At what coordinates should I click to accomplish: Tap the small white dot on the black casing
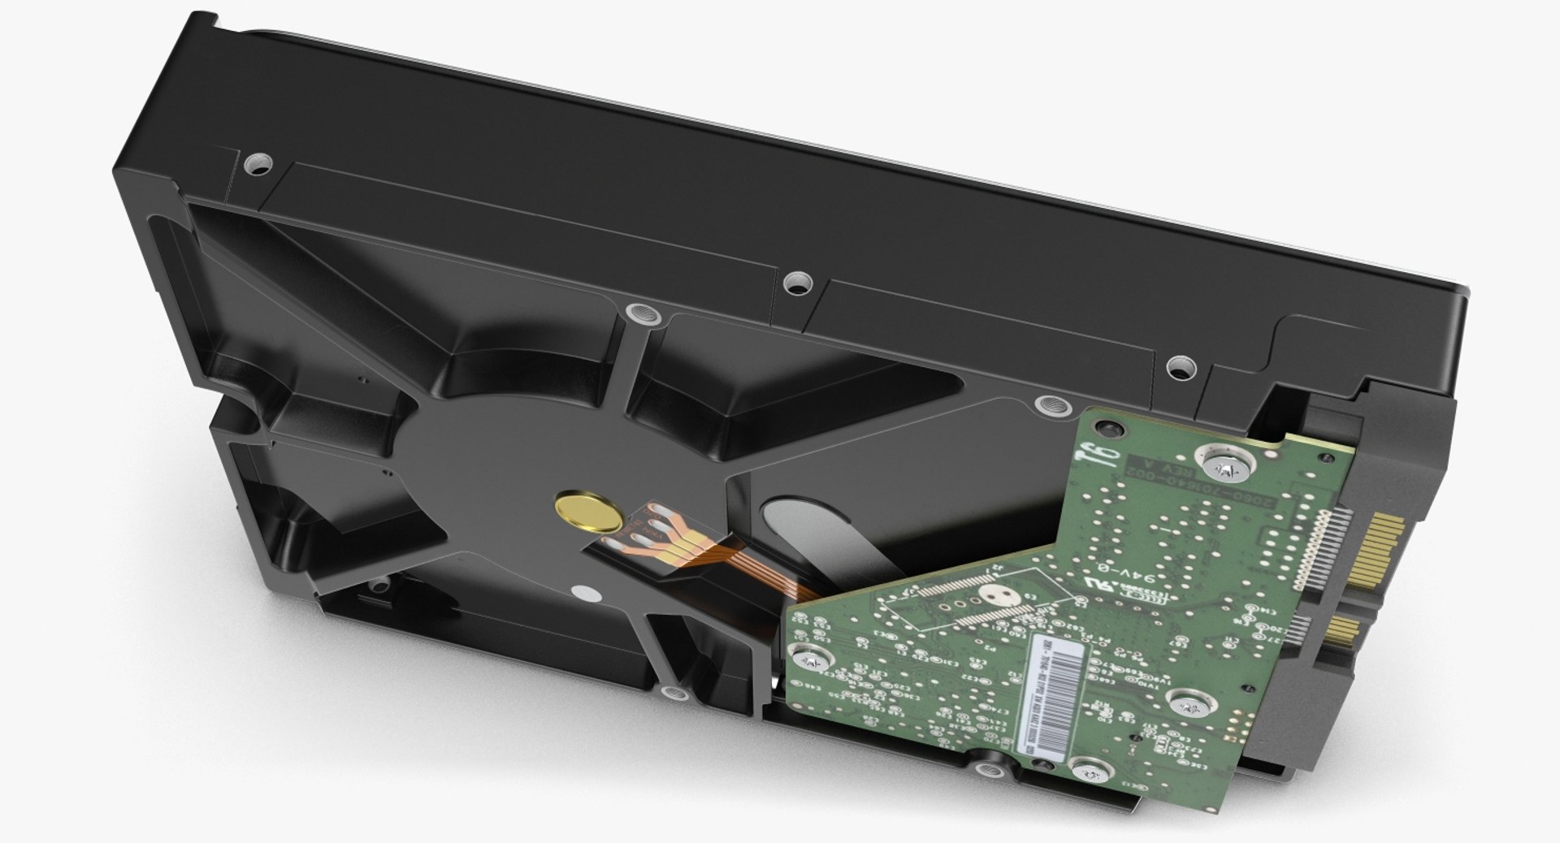pyautogui.click(x=580, y=592)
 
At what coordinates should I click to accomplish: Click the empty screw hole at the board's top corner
pyautogui.click(x=1104, y=424)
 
